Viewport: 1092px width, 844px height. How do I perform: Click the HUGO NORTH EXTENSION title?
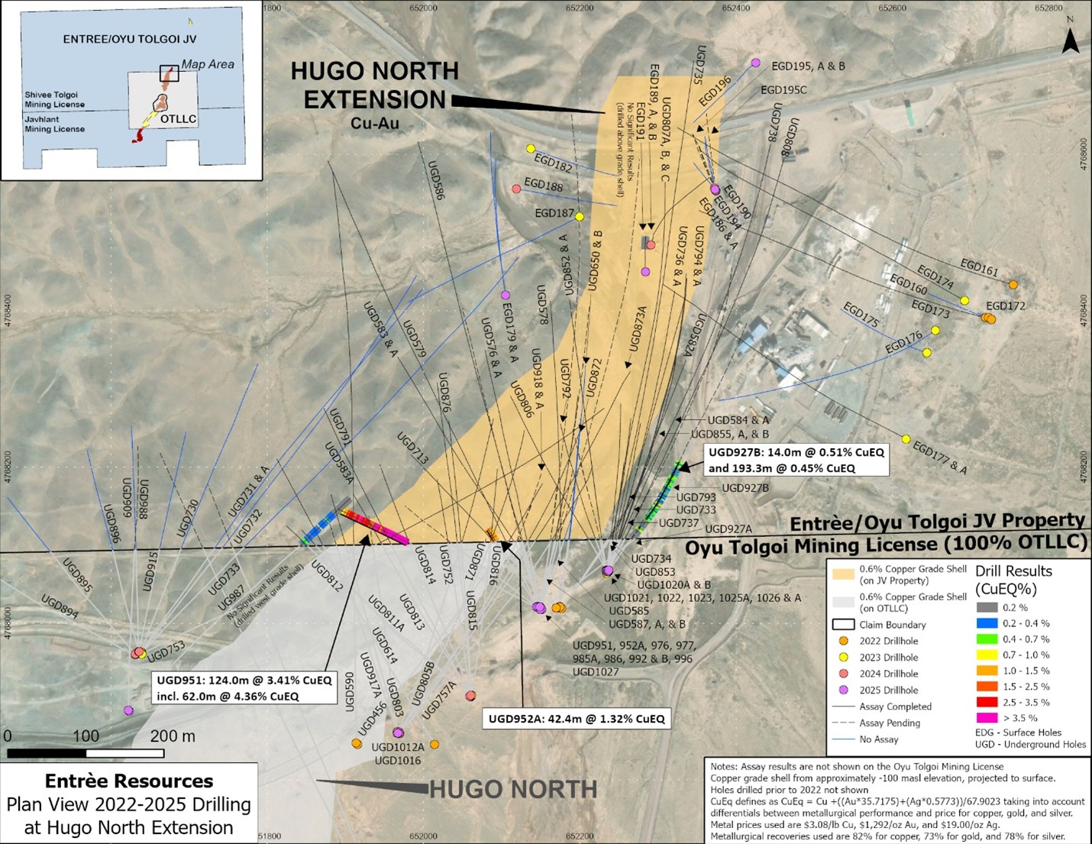click(374, 86)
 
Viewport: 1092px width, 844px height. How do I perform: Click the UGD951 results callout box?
click(244, 688)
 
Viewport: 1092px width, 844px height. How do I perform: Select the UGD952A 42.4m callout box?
click(577, 719)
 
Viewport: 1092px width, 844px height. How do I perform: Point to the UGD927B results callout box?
click(796, 460)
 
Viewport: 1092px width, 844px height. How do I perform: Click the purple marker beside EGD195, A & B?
click(756, 63)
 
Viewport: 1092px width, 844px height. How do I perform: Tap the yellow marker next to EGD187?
click(580, 217)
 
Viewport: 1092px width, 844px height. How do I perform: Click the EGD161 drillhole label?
click(979, 267)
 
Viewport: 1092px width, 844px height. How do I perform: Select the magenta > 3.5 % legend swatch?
click(987, 718)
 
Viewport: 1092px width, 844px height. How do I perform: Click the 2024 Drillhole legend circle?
click(843, 674)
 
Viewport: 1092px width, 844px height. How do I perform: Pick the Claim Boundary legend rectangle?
click(843, 624)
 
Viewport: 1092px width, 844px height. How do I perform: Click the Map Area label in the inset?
click(207, 64)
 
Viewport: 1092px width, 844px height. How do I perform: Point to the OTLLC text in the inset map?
click(178, 119)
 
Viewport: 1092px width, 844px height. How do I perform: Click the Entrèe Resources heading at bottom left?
click(128, 781)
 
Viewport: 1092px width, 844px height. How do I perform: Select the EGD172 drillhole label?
click(1005, 306)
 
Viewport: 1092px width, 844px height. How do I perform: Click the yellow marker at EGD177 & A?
click(906, 439)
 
